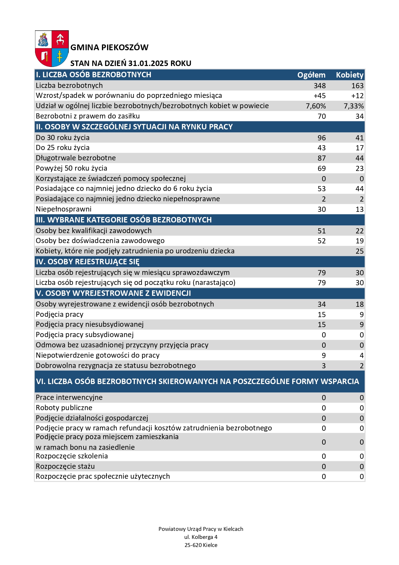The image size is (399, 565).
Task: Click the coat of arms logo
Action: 52,48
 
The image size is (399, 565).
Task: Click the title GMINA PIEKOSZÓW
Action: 109,48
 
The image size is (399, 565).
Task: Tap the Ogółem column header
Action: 311,75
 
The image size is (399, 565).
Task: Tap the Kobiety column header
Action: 349,75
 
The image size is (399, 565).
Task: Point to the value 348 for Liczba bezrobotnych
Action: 320,86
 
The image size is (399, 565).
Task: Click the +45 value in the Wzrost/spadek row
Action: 320,96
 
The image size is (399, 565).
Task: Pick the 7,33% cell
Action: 353,106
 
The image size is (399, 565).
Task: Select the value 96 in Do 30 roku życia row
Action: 322,138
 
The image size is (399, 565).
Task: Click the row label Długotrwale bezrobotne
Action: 76,158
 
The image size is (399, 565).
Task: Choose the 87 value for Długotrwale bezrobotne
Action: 322,158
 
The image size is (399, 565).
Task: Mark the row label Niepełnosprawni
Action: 64,209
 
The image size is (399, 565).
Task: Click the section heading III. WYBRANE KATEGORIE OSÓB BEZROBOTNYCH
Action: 124,220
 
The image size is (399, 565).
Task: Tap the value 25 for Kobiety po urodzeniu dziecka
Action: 359,251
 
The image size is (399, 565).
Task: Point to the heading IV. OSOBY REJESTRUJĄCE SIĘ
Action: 88,262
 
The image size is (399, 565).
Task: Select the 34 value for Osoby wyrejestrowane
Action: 322,305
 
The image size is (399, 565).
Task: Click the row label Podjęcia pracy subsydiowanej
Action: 85,335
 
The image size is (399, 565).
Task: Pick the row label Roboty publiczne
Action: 64,408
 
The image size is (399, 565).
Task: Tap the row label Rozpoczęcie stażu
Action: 65,466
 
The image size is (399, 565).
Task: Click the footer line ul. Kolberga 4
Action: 201,537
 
